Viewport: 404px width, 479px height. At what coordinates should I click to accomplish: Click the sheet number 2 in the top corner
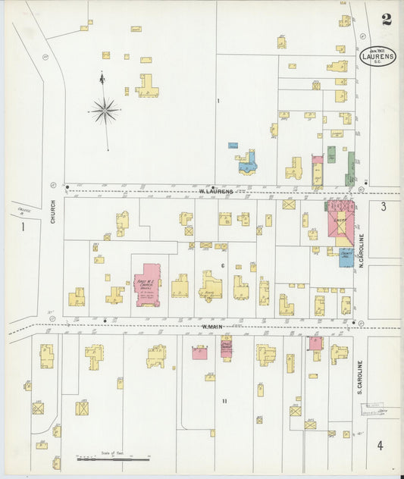point(387,20)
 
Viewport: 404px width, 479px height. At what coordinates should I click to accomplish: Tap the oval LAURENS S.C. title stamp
point(377,56)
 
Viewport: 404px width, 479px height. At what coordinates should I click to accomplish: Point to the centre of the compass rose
point(105,111)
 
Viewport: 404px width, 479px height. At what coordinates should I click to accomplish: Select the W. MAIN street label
point(211,327)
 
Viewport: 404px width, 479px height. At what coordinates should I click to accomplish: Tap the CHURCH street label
point(53,214)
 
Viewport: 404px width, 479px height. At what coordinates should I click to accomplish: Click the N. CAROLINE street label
point(361,250)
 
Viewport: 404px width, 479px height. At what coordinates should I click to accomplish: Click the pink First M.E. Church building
point(147,284)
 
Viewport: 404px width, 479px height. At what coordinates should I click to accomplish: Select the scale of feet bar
point(114,459)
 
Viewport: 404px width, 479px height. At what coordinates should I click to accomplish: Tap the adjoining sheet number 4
point(380,445)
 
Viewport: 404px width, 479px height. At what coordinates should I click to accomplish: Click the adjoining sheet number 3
point(384,206)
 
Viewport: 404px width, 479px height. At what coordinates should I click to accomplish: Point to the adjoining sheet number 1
point(23,226)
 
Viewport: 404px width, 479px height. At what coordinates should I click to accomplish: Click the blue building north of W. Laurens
point(247,165)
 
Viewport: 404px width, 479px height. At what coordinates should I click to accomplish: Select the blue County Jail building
point(345,257)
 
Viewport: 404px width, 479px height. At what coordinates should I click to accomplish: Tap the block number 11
point(224,400)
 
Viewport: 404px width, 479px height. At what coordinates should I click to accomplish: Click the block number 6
point(222,265)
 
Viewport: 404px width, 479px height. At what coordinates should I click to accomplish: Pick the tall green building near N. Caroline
point(350,168)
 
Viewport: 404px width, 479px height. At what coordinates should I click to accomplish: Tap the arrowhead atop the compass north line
point(102,75)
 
